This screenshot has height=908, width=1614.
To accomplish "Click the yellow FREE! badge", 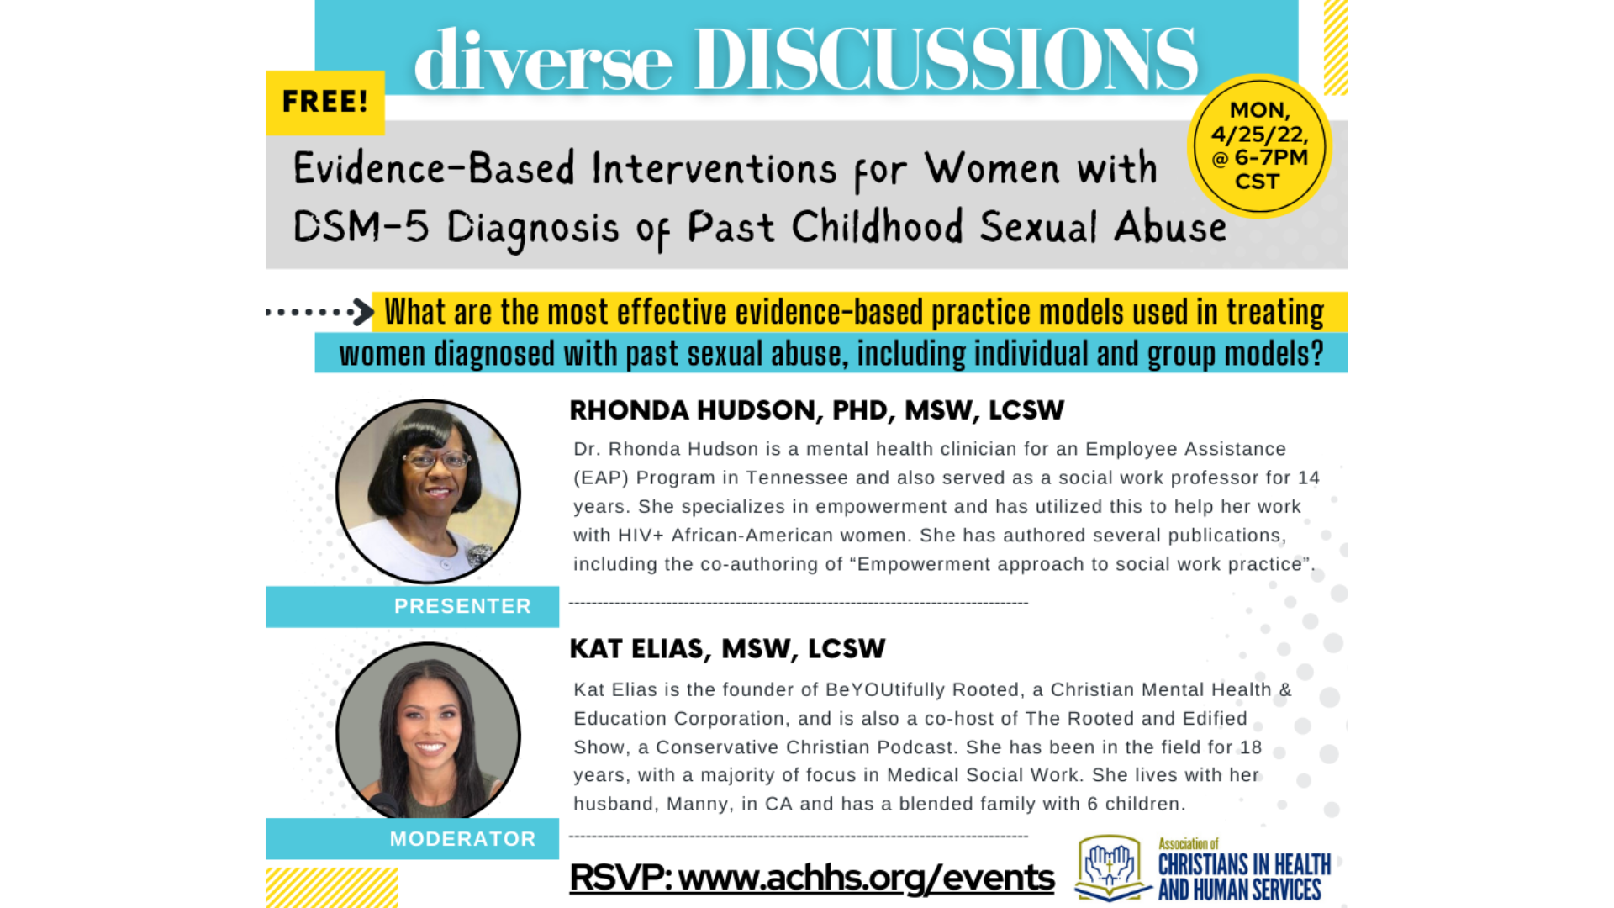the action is pyautogui.click(x=325, y=103).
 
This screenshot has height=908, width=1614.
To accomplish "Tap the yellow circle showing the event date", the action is pyautogui.click(x=1258, y=146).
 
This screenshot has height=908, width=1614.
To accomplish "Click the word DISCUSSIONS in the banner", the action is pyautogui.click(x=945, y=59).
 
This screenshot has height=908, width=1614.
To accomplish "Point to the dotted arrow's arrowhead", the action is pyautogui.click(x=363, y=312).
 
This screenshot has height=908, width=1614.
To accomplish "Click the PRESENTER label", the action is pyautogui.click(x=462, y=606).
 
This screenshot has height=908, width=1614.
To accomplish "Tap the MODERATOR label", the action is pyautogui.click(x=462, y=839).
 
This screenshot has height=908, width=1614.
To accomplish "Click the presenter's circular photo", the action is pyautogui.click(x=428, y=491).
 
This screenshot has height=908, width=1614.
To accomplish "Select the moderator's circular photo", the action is pyautogui.click(x=428, y=731).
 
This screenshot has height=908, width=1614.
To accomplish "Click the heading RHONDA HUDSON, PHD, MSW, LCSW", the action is pyautogui.click(x=816, y=410).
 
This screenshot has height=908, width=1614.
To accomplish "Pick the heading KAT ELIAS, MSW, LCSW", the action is pyautogui.click(x=727, y=649).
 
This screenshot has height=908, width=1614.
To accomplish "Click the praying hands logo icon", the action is pyautogui.click(x=1110, y=867).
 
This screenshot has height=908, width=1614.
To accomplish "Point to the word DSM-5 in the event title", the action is pyautogui.click(x=361, y=227).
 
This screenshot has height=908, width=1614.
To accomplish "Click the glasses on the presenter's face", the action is pyautogui.click(x=436, y=459).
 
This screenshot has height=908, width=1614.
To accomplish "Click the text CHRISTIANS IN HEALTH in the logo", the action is pyautogui.click(x=1244, y=864).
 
